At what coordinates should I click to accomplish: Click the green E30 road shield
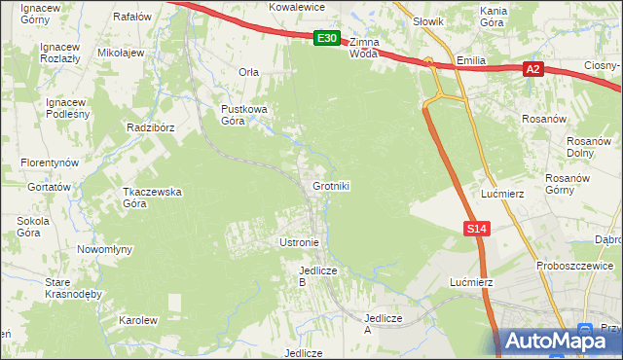point(327,39)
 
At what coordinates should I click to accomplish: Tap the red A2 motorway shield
point(531,69)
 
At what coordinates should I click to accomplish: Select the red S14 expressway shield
point(474,228)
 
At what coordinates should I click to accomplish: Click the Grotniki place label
point(331,185)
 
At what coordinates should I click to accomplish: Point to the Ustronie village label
point(299,241)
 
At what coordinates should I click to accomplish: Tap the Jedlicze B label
point(316,275)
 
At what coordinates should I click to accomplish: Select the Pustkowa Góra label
point(243,115)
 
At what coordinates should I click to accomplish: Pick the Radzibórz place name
point(149,127)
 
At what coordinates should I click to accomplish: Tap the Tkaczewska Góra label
point(152,198)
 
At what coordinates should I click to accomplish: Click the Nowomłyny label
point(104,249)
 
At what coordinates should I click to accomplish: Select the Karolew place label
point(138,320)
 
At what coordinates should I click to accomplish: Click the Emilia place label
point(471,60)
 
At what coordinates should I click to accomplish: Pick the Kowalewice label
point(297,6)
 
